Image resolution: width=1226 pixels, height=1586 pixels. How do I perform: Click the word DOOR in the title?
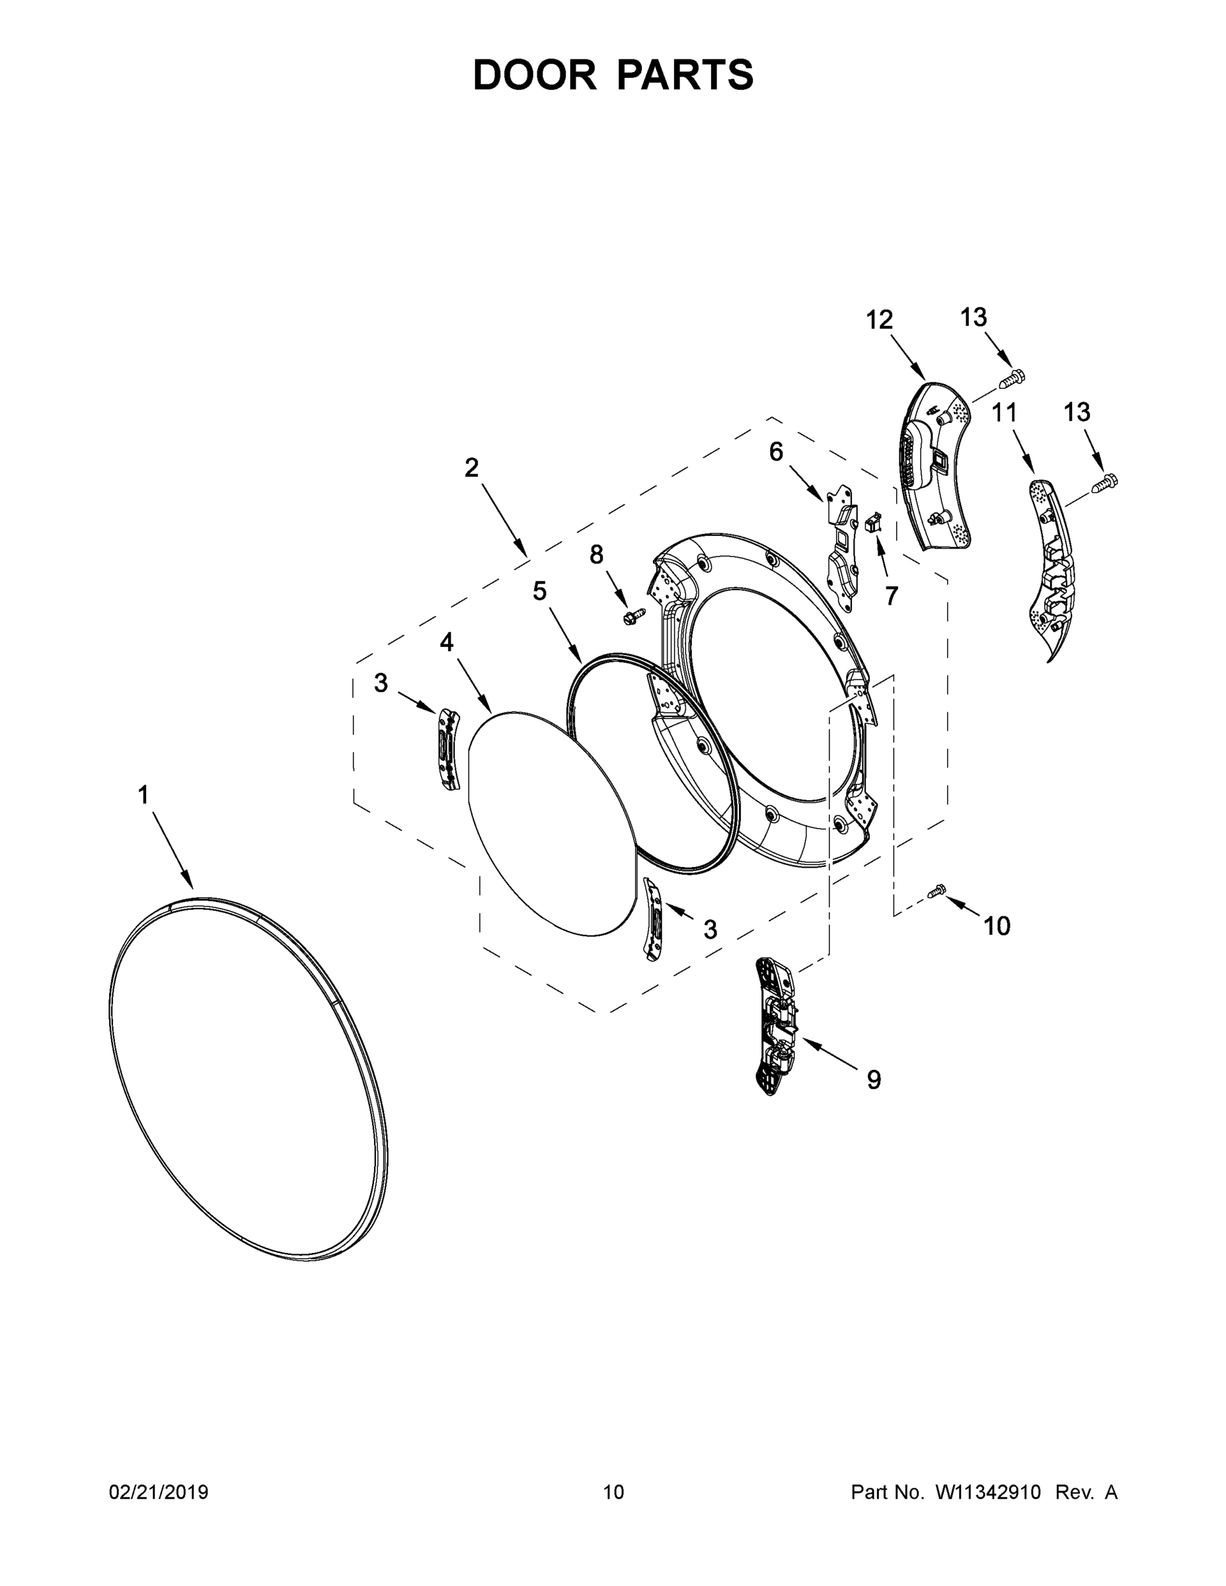pyautogui.click(x=535, y=75)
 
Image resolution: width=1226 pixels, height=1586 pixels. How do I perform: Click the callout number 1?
pyautogui.click(x=144, y=795)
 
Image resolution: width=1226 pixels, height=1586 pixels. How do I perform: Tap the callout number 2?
pyautogui.click(x=471, y=468)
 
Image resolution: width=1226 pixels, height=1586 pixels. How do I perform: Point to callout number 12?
pyautogui.click(x=879, y=320)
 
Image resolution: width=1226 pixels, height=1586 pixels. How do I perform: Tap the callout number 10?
pyautogui.click(x=997, y=926)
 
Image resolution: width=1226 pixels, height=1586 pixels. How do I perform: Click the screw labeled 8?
pyautogui.click(x=630, y=617)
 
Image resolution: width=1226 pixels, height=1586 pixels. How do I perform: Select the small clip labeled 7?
pyautogui.click(x=874, y=523)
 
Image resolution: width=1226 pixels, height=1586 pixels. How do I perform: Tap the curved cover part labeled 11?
pyautogui.click(x=1052, y=566)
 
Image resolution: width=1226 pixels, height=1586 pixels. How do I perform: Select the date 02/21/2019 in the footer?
pyautogui.click(x=159, y=1492)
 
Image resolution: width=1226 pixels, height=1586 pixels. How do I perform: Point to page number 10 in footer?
pyautogui.click(x=613, y=1492)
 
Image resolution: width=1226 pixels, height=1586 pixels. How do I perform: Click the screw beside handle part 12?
pyautogui.click(x=1015, y=377)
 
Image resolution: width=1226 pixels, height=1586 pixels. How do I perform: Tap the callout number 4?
pyautogui.click(x=446, y=642)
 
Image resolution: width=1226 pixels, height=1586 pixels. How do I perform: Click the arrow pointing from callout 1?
pyautogui.click(x=173, y=850)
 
